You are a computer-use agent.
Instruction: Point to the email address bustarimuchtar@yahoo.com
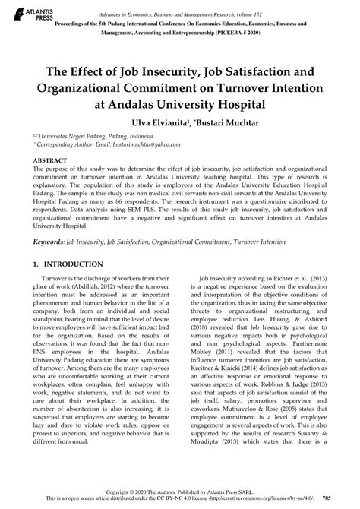click(128, 142)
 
